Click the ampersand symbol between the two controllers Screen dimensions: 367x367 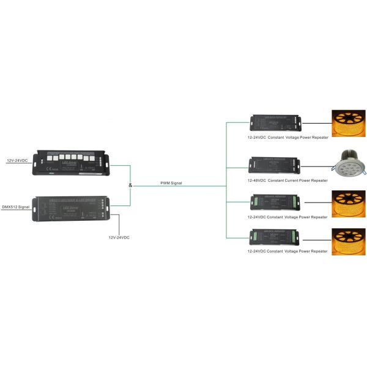[130, 185]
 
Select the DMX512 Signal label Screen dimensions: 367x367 [17, 207]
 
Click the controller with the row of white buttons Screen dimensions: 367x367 [72, 161]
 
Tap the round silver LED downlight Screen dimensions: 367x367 [349, 163]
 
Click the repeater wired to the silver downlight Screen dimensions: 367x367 [273, 165]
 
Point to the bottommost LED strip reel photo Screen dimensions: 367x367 [349, 240]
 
